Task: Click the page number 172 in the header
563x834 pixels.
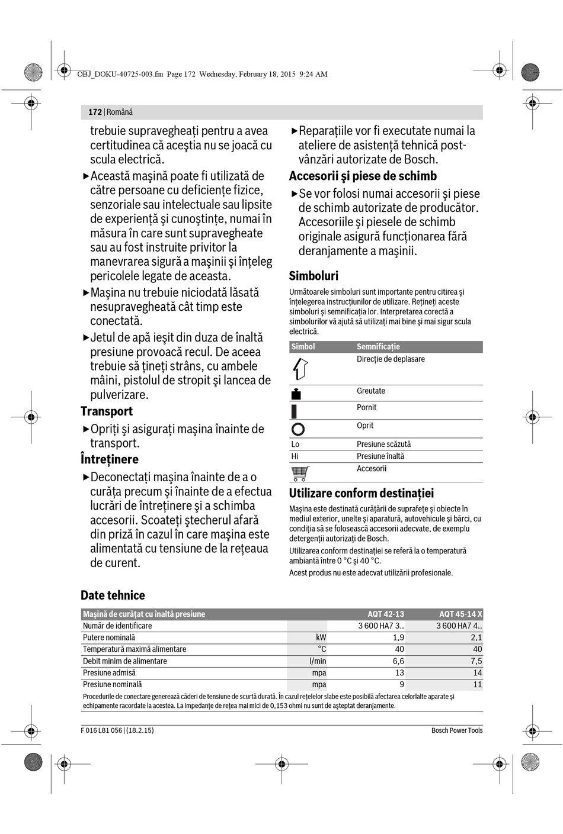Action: [95, 112]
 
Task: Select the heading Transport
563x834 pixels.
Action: [107, 411]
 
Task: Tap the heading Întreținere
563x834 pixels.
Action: [110, 459]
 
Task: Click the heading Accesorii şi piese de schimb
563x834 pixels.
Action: [363, 176]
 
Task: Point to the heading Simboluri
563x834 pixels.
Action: [314, 276]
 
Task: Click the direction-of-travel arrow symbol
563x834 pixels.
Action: [300, 369]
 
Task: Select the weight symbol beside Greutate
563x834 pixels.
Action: [296, 394]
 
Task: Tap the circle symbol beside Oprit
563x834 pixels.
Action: [298, 429]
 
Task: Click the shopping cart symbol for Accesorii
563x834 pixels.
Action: [300, 473]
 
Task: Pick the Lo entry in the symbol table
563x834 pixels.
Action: [295, 444]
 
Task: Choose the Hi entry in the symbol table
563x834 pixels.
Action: [295, 456]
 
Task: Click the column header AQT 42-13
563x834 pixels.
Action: [385, 614]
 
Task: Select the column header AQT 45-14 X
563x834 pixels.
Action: [460, 614]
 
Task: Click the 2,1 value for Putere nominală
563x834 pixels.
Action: [476, 637]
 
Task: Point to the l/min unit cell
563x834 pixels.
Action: [318, 661]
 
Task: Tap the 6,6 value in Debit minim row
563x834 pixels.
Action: [398, 661]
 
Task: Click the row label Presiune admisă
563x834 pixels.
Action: [109, 673]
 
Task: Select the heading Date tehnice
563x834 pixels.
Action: [113, 595]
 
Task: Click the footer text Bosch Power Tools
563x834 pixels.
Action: [456, 730]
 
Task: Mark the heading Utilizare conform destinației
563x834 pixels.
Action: [361, 494]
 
